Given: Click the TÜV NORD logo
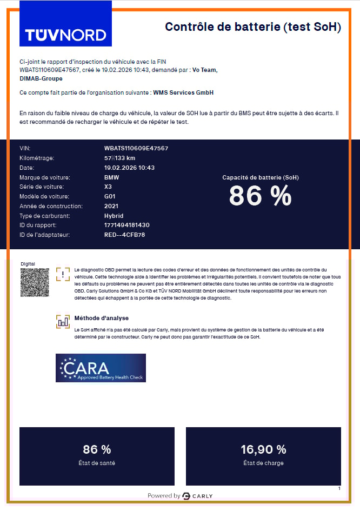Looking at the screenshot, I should coord(65,35).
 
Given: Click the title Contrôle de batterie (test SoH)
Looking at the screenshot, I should coord(252,27).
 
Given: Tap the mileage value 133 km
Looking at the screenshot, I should coord(119,158).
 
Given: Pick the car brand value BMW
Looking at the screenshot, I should coord(112,177).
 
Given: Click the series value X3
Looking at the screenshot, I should coord(108,187).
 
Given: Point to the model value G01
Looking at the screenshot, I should coord(110,196).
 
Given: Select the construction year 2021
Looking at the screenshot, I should coord(111,206).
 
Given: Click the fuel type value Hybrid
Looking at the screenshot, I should coord(114,216).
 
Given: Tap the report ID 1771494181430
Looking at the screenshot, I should coord(126,225).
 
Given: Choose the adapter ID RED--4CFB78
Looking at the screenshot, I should coord(124,235).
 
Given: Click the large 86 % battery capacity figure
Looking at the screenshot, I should coord(260,196).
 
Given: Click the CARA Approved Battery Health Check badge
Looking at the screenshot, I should coord(101,368).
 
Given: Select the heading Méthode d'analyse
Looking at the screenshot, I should coord(102,318).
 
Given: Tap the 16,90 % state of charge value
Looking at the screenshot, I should coord(263,449).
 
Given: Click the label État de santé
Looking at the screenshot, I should coord(97,463).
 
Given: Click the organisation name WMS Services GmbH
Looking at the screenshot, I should coord(183,92).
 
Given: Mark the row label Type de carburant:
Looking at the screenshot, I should coord(45,216).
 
